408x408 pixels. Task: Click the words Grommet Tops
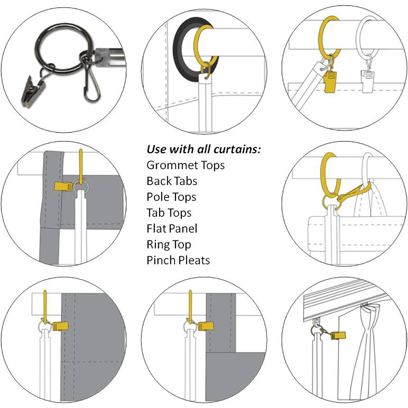(186, 165)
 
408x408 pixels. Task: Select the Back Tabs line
(172, 181)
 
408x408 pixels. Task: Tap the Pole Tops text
(171, 197)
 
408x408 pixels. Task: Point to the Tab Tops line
(169, 213)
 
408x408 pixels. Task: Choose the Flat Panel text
(172, 228)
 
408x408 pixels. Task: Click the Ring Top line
(169, 245)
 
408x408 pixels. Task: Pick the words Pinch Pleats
(178, 260)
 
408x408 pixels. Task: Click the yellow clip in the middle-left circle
(63, 187)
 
